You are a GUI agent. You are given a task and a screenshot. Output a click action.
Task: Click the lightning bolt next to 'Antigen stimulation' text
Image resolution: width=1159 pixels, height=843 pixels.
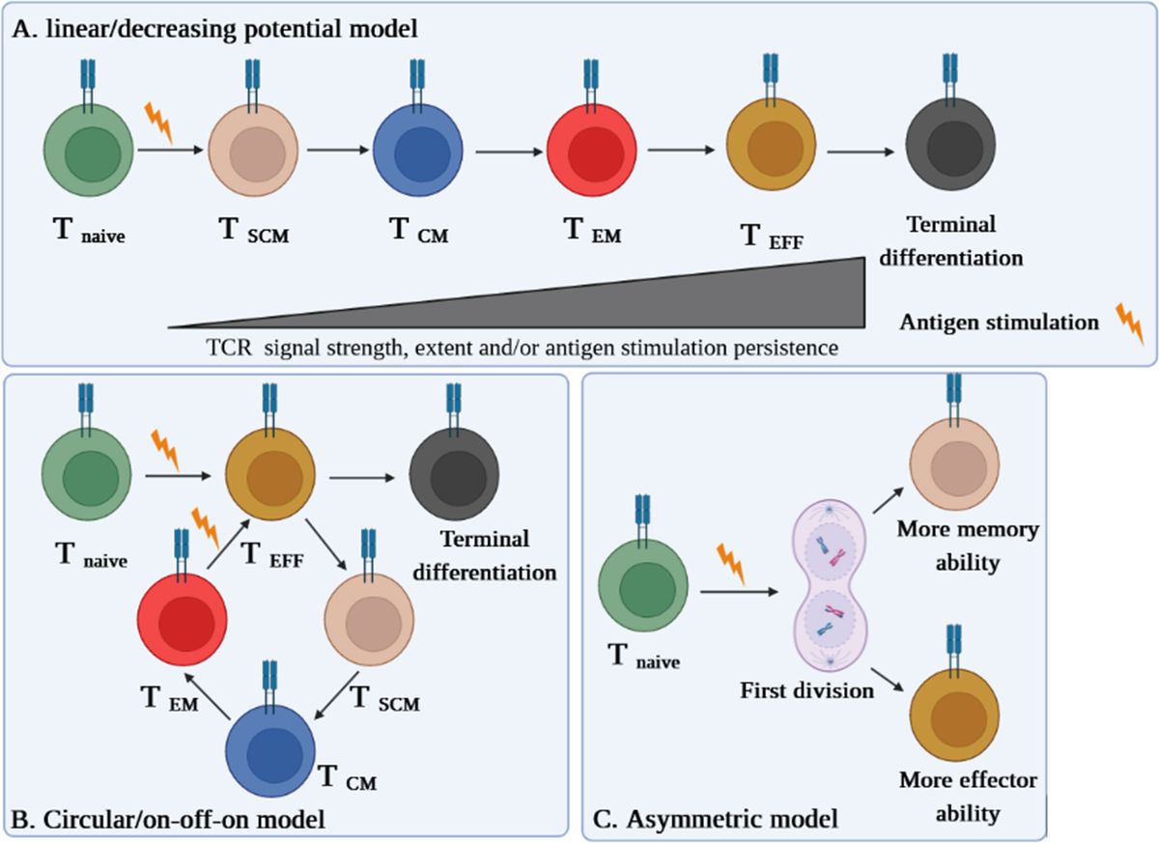(x=1129, y=323)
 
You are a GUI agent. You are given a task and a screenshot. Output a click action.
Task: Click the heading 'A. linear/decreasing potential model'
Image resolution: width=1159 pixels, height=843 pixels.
(x=215, y=29)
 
